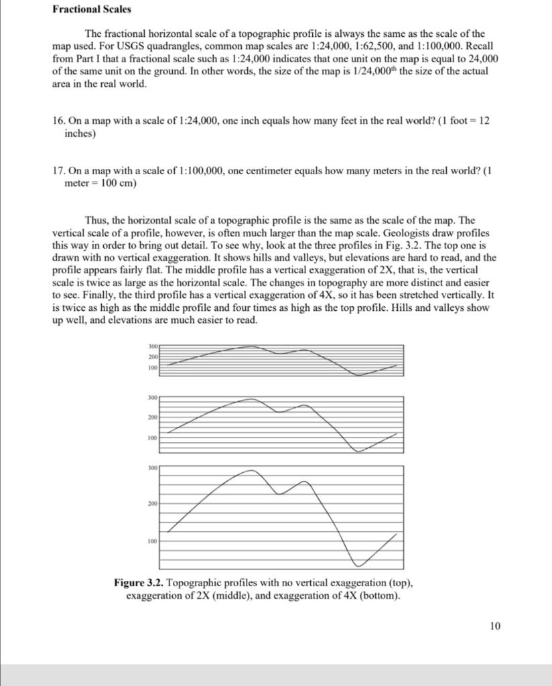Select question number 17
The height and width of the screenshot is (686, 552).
[59, 170]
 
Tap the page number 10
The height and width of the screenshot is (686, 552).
[495, 626]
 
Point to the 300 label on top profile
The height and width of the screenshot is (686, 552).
[152, 346]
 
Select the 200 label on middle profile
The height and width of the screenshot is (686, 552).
[152, 417]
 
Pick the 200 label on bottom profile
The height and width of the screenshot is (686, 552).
[152, 502]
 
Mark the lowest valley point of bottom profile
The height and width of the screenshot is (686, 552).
[359, 566]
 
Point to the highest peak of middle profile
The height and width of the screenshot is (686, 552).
[251, 399]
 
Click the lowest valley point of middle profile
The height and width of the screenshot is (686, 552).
[358, 452]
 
